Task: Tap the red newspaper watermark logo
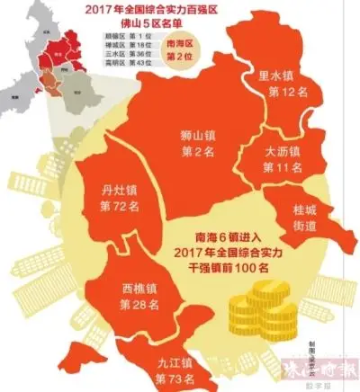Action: point(327,370)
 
